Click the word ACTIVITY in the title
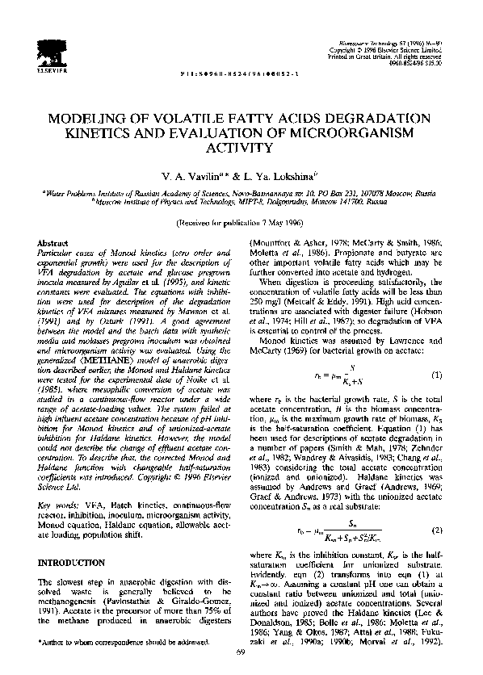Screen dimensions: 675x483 [x=241, y=147]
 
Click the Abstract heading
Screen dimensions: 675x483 [x=52, y=243]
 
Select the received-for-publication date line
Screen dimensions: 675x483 [x=241, y=220]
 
